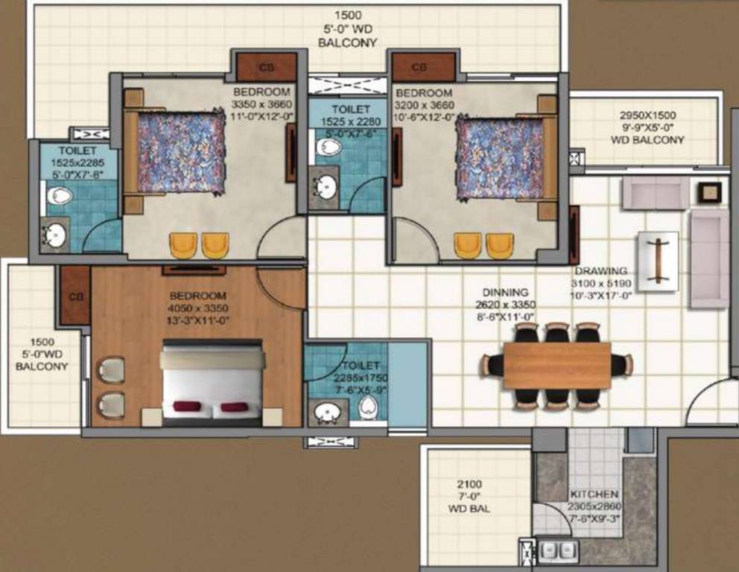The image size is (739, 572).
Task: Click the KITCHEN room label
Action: coord(594,494)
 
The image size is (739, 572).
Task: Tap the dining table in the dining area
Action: coord(556,366)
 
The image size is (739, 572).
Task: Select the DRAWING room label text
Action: coord(600,271)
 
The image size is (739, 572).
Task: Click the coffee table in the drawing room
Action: coord(658,261)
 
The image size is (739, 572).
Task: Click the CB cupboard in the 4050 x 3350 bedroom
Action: coord(74,295)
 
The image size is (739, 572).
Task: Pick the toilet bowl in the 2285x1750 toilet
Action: coord(367,407)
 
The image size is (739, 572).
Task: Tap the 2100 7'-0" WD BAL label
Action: coord(467,497)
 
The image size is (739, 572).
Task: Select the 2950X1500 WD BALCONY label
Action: coord(647,127)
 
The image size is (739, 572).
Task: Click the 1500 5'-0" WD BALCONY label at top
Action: coord(347,29)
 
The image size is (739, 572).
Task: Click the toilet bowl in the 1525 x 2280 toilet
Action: coord(328,147)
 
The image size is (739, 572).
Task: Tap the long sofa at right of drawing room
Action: coord(708,258)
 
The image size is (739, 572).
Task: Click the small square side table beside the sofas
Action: coord(708,191)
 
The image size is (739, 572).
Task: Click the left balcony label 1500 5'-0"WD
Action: coord(42,354)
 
